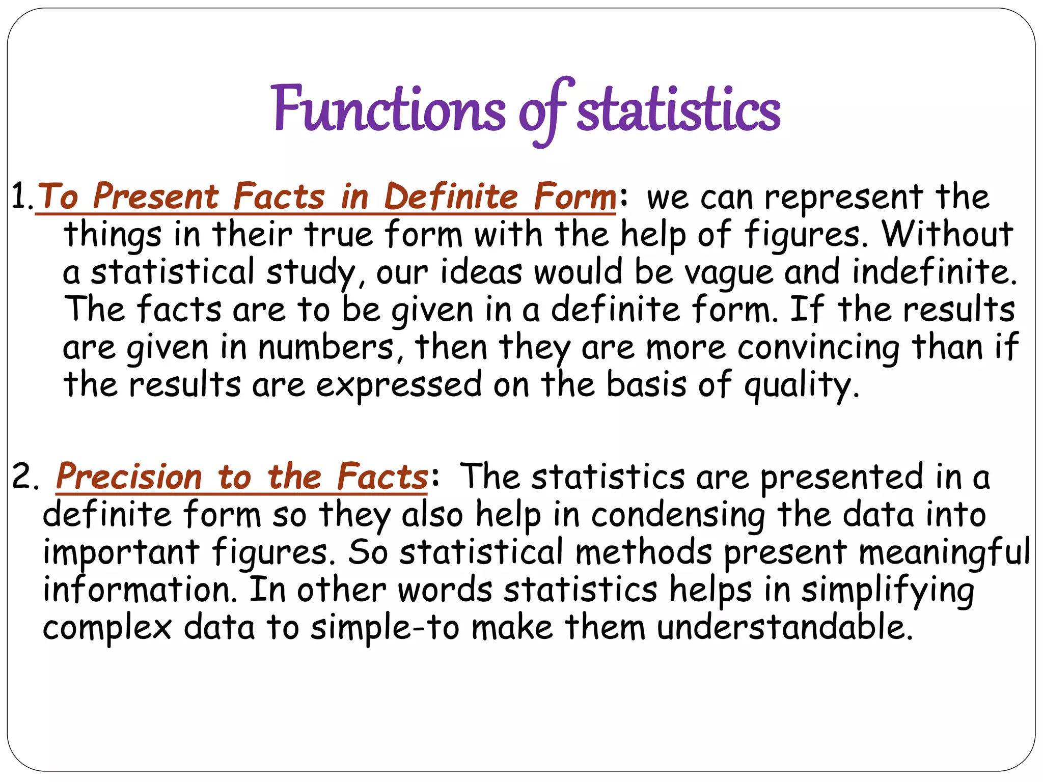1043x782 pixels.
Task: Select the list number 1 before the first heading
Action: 20,196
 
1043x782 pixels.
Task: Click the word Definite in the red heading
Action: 451,197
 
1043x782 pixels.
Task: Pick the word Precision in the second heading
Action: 129,477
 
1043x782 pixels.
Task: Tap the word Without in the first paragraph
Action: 947,234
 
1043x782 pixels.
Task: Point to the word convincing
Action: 818,347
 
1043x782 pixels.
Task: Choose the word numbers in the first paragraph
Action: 325,347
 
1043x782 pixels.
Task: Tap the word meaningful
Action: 945,552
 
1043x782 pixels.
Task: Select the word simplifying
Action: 888,590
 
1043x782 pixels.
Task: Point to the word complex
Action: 107,628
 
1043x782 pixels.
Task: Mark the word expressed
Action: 399,385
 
